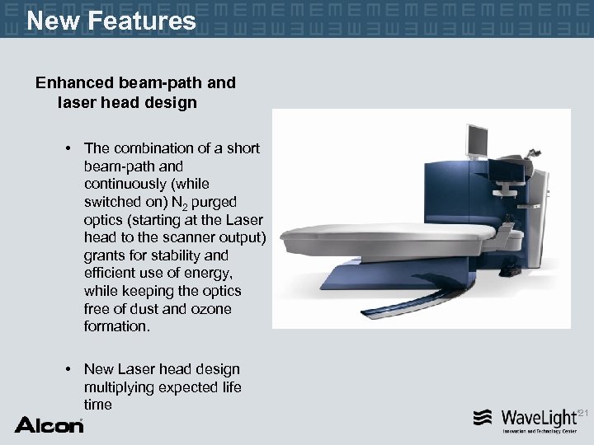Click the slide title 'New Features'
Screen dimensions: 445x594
point(111,20)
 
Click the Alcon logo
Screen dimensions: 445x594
point(49,424)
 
